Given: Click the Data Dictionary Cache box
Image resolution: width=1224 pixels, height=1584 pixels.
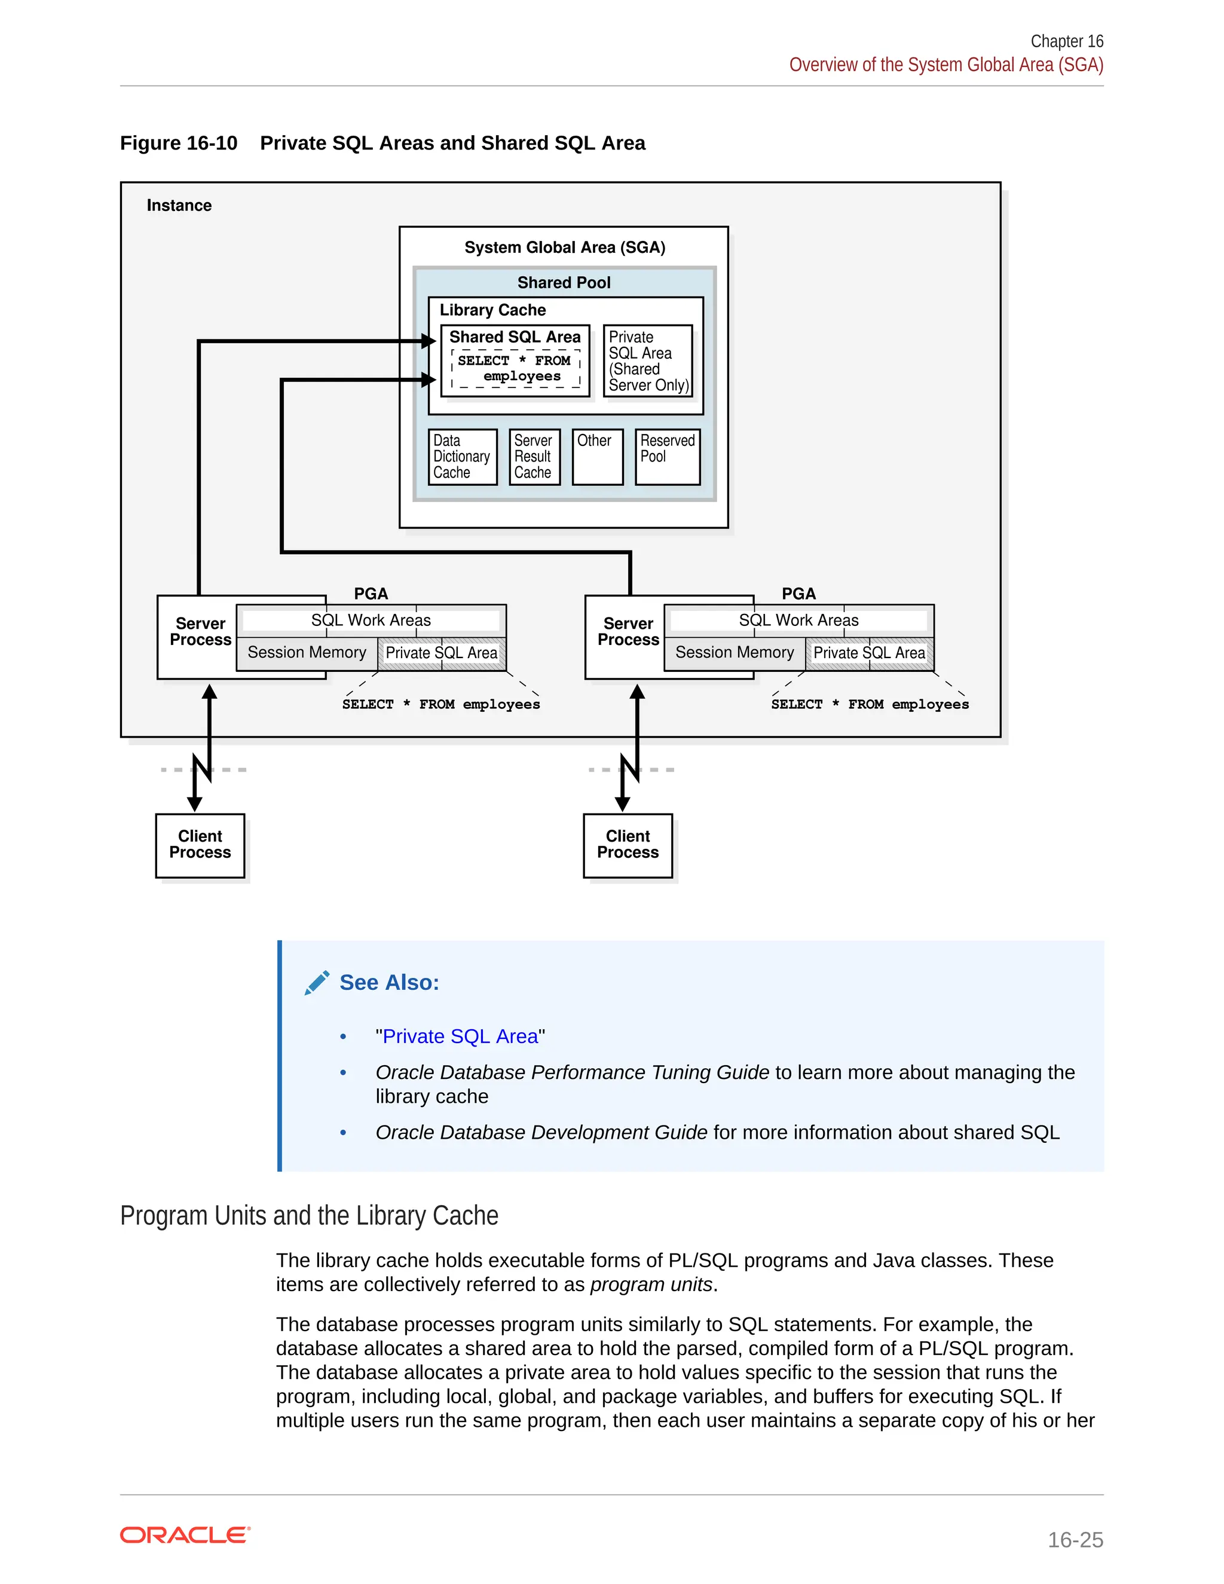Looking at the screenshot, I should pos(462,456).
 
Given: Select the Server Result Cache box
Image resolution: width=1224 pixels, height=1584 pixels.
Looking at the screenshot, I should pos(534,456).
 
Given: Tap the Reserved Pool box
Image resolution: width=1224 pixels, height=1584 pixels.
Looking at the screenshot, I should pos(667,456).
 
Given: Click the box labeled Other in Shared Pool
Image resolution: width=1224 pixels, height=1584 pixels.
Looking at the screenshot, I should pos(597,456).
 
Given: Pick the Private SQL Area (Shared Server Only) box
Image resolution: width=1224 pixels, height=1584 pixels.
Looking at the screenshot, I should pos(647,360).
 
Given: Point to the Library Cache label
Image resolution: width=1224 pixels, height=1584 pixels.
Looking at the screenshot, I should pos(492,310).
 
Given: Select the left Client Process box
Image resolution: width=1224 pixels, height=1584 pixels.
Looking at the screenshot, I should pos(200,845).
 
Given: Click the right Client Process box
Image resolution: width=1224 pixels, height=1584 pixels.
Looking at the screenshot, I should pos(628,845).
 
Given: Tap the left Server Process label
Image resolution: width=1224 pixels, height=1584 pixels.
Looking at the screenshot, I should pos(200,632).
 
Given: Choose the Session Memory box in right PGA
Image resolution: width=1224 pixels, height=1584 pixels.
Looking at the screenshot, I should pos(734,652).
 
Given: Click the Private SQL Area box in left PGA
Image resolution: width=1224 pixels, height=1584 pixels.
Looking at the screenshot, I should pos(441,653).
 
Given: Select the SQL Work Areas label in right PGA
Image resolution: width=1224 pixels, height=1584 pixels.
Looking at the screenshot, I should pos(798,620).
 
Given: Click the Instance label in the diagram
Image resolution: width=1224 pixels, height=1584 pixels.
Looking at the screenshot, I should pos(179,205).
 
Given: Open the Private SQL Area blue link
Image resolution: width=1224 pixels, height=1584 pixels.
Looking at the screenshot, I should pos(460,1036).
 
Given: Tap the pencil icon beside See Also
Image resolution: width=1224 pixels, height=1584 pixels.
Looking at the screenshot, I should pos(317,983).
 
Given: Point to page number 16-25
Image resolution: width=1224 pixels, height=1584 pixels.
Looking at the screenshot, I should pos(1075,1539).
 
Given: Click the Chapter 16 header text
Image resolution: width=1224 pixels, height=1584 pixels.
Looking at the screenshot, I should pos(1066,41).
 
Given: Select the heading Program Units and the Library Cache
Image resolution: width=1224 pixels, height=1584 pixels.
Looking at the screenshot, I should pos(309,1216).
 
